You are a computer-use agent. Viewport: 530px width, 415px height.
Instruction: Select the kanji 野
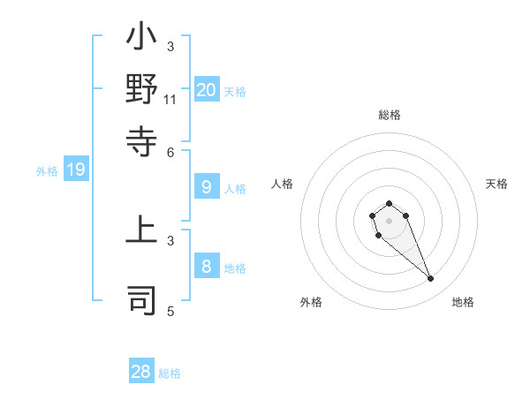pyautogui.click(x=142, y=90)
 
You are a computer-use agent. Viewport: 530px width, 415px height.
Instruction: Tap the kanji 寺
pyautogui.click(x=142, y=140)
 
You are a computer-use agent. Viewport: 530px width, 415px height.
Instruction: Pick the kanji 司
pyautogui.click(x=142, y=299)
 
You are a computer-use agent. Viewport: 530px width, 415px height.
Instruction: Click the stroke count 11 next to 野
pyautogui.click(x=170, y=100)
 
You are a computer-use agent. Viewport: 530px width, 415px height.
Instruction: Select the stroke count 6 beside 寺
pyautogui.click(x=171, y=151)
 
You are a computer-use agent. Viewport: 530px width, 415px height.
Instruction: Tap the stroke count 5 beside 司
pyautogui.click(x=171, y=311)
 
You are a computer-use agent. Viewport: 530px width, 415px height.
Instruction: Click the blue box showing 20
pyautogui.click(x=207, y=89)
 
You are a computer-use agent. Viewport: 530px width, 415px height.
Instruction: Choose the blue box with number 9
pyautogui.click(x=207, y=187)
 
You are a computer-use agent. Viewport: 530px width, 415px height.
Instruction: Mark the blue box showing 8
pyautogui.click(x=207, y=266)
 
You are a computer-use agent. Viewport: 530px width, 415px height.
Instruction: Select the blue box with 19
pyautogui.click(x=76, y=170)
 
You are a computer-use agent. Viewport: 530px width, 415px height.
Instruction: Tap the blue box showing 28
pyautogui.click(x=141, y=372)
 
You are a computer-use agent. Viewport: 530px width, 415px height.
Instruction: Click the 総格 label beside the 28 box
pyautogui.click(x=170, y=373)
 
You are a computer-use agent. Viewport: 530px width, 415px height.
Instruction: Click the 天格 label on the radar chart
pyautogui.click(x=496, y=184)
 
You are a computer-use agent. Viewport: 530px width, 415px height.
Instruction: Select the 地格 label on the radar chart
pyautogui.click(x=463, y=302)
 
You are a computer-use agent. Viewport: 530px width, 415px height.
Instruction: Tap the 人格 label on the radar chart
pyautogui.click(x=283, y=184)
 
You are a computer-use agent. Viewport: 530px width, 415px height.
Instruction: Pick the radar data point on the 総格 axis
pyautogui.click(x=389, y=204)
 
